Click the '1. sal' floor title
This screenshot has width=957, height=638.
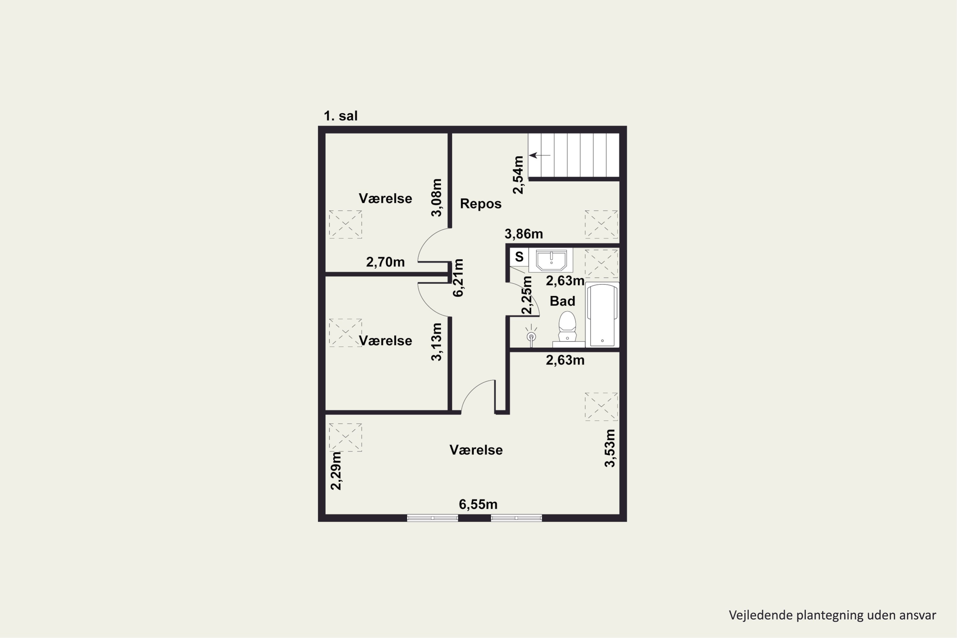coord(341,116)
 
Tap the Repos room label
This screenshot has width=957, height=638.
coord(480,204)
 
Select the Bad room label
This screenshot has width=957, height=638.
coord(562,301)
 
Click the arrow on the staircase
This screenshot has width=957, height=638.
coord(539,155)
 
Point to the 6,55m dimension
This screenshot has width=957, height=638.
coord(478,505)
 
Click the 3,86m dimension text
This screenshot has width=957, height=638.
coord(524,234)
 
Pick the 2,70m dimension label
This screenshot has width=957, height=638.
coord(385,262)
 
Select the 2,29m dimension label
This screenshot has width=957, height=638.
coord(336,471)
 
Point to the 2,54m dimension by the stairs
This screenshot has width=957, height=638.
coord(518,175)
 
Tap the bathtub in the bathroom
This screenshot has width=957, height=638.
coord(602,315)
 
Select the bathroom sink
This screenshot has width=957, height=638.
coord(551,260)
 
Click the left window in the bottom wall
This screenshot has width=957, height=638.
coord(433,518)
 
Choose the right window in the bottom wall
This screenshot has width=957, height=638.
coord(516,518)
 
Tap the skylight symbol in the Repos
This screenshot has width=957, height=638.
coord(601,224)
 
